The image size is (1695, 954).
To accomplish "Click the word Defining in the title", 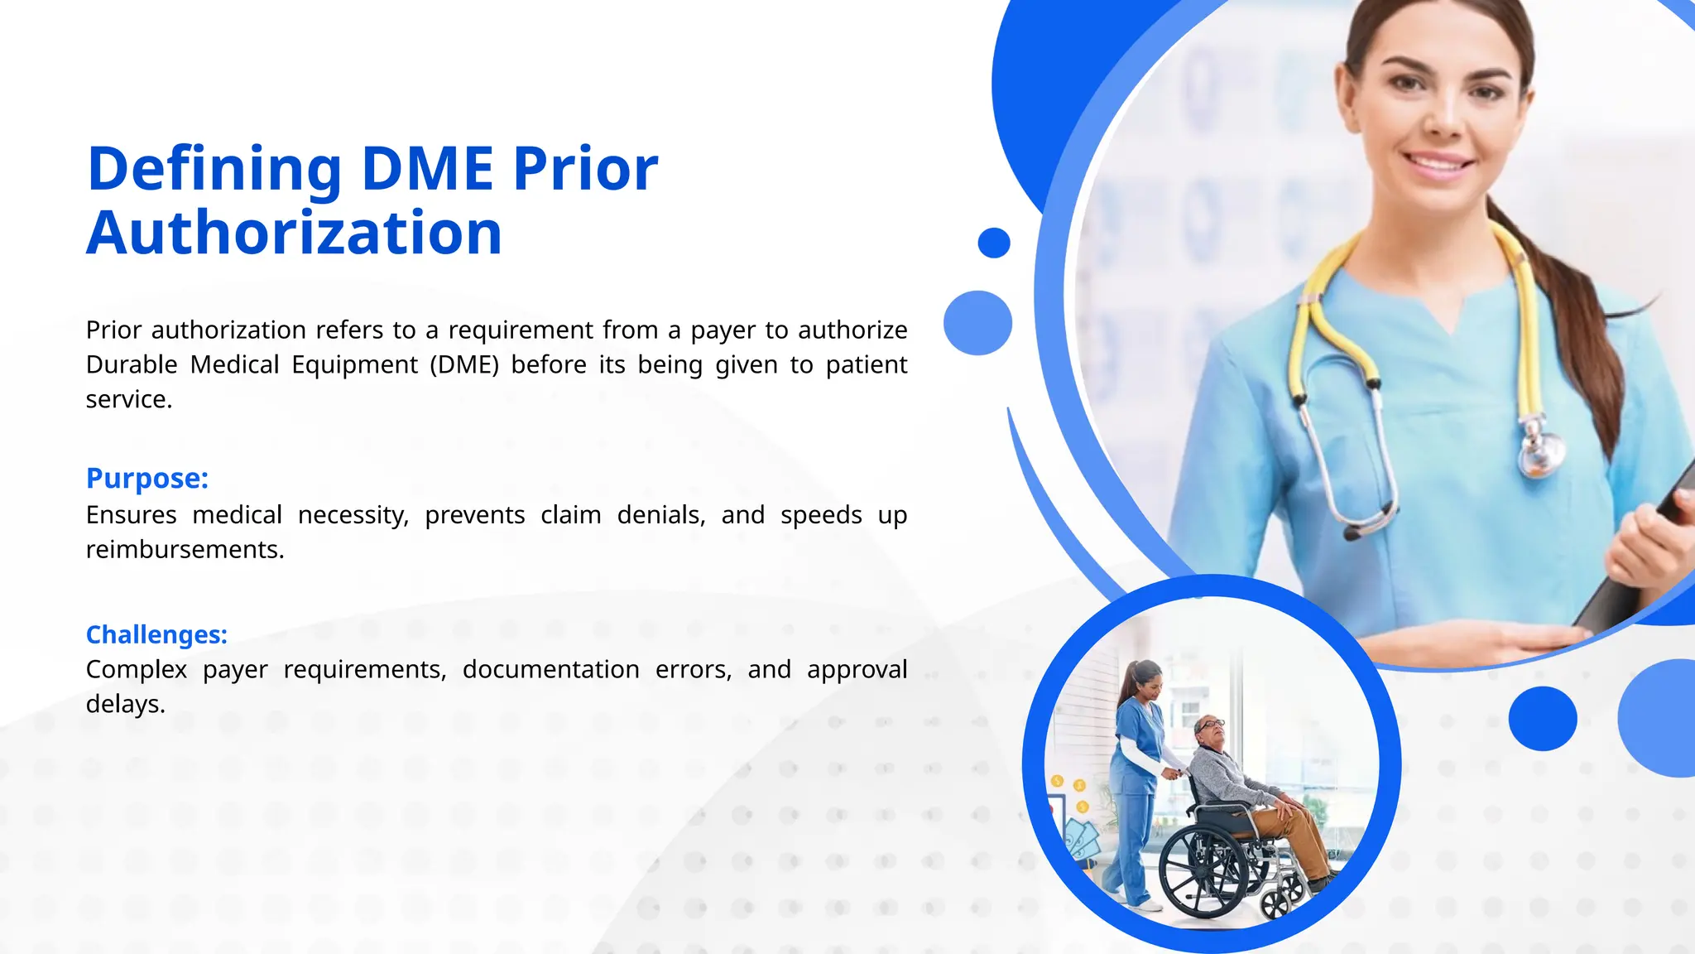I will [x=214, y=170].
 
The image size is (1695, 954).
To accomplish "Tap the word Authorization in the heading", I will [x=294, y=234].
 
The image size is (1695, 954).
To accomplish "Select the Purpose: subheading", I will [x=147, y=479].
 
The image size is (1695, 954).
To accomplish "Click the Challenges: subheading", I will [x=156, y=635].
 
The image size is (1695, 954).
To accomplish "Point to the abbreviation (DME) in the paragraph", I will [x=464, y=365].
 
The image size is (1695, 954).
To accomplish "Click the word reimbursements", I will [x=185, y=550].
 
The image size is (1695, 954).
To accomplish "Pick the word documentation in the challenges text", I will [x=550, y=669].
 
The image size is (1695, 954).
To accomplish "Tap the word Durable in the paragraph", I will [x=132, y=365].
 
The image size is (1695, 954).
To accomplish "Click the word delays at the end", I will [x=125, y=704].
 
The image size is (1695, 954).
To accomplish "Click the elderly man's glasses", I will [x=1211, y=724].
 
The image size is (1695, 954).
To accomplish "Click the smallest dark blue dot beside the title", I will [x=993, y=243].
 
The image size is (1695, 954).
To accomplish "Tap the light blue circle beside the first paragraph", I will [x=977, y=323].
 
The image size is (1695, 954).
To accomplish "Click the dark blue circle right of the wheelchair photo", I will [x=1542, y=719].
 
